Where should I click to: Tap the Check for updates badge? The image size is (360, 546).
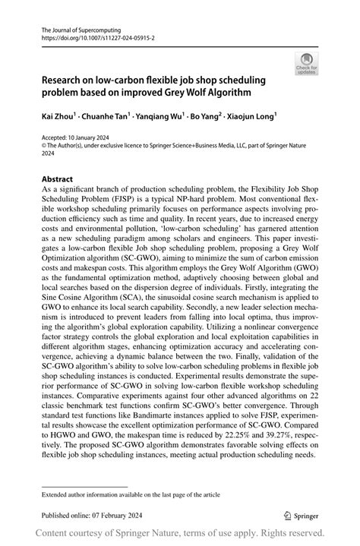click(x=307, y=64)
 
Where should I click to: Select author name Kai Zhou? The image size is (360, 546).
click(x=58, y=118)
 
